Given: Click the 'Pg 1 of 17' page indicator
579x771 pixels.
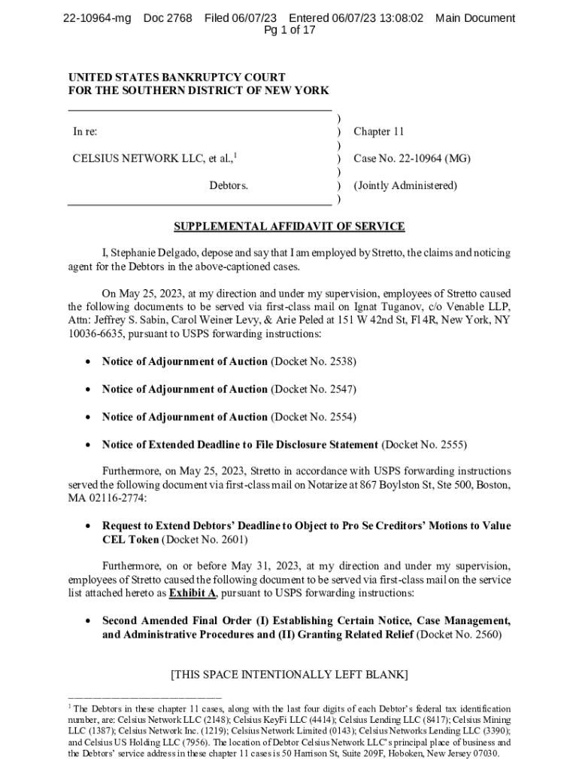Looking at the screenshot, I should [x=289, y=31].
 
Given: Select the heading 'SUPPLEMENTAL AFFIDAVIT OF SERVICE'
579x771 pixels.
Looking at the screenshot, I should [x=289, y=227].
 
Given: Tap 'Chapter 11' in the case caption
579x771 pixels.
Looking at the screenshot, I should [x=379, y=132].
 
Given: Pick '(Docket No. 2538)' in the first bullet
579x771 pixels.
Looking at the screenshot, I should [x=314, y=361].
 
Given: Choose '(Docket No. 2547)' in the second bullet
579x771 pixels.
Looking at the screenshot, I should [x=314, y=389].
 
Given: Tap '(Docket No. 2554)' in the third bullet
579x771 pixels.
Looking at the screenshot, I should [x=314, y=417].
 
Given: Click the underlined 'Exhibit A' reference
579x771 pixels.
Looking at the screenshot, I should [x=192, y=593].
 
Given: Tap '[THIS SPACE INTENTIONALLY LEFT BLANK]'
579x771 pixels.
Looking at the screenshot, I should [x=289, y=675].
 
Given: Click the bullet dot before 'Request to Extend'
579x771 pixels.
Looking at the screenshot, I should [x=89, y=526].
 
